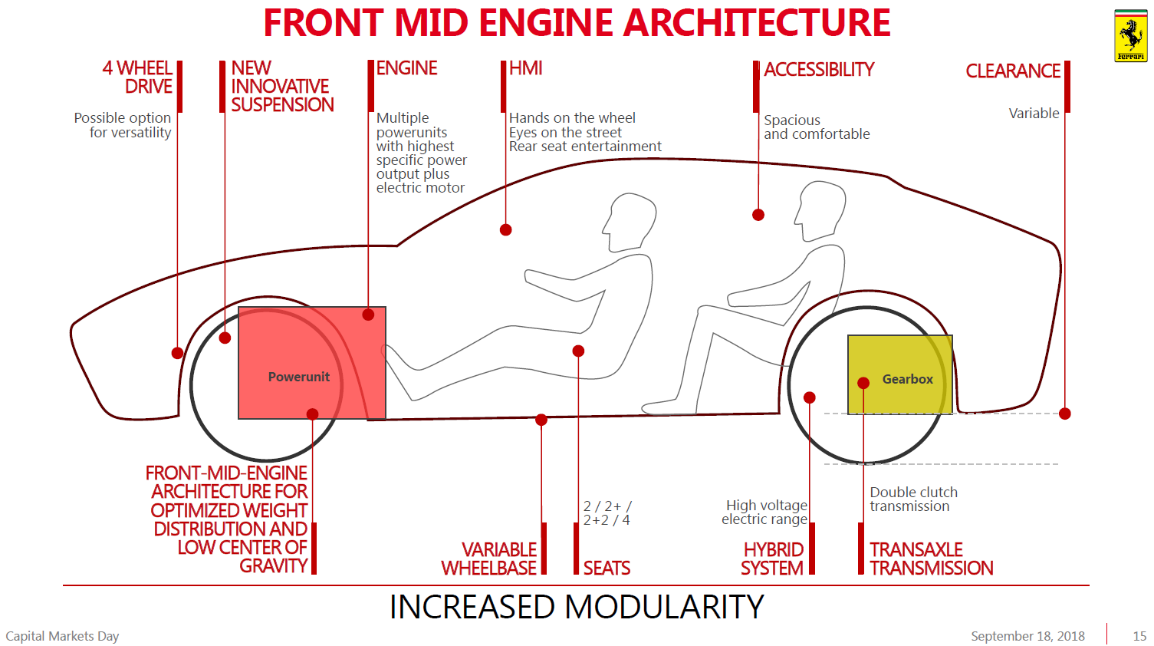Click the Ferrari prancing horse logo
tap(1130, 36)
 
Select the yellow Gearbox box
tap(899, 374)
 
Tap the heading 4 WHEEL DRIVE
tap(138, 77)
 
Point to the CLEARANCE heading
tap(1012, 71)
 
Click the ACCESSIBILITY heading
tap(819, 70)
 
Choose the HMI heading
tap(526, 68)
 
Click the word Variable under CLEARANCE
tap(1034, 114)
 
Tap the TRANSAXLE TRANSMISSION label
tap(931, 559)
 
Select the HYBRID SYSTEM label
tap(772, 559)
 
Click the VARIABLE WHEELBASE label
tap(489, 559)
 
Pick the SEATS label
tap(607, 568)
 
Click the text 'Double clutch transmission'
tap(913, 499)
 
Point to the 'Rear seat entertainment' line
tap(585, 147)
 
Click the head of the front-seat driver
tap(631, 219)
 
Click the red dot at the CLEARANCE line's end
tap(1064, 414)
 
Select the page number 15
tap(1139, 636)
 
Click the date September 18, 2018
tap(1027, 636)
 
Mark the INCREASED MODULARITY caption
tap(577, 607)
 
